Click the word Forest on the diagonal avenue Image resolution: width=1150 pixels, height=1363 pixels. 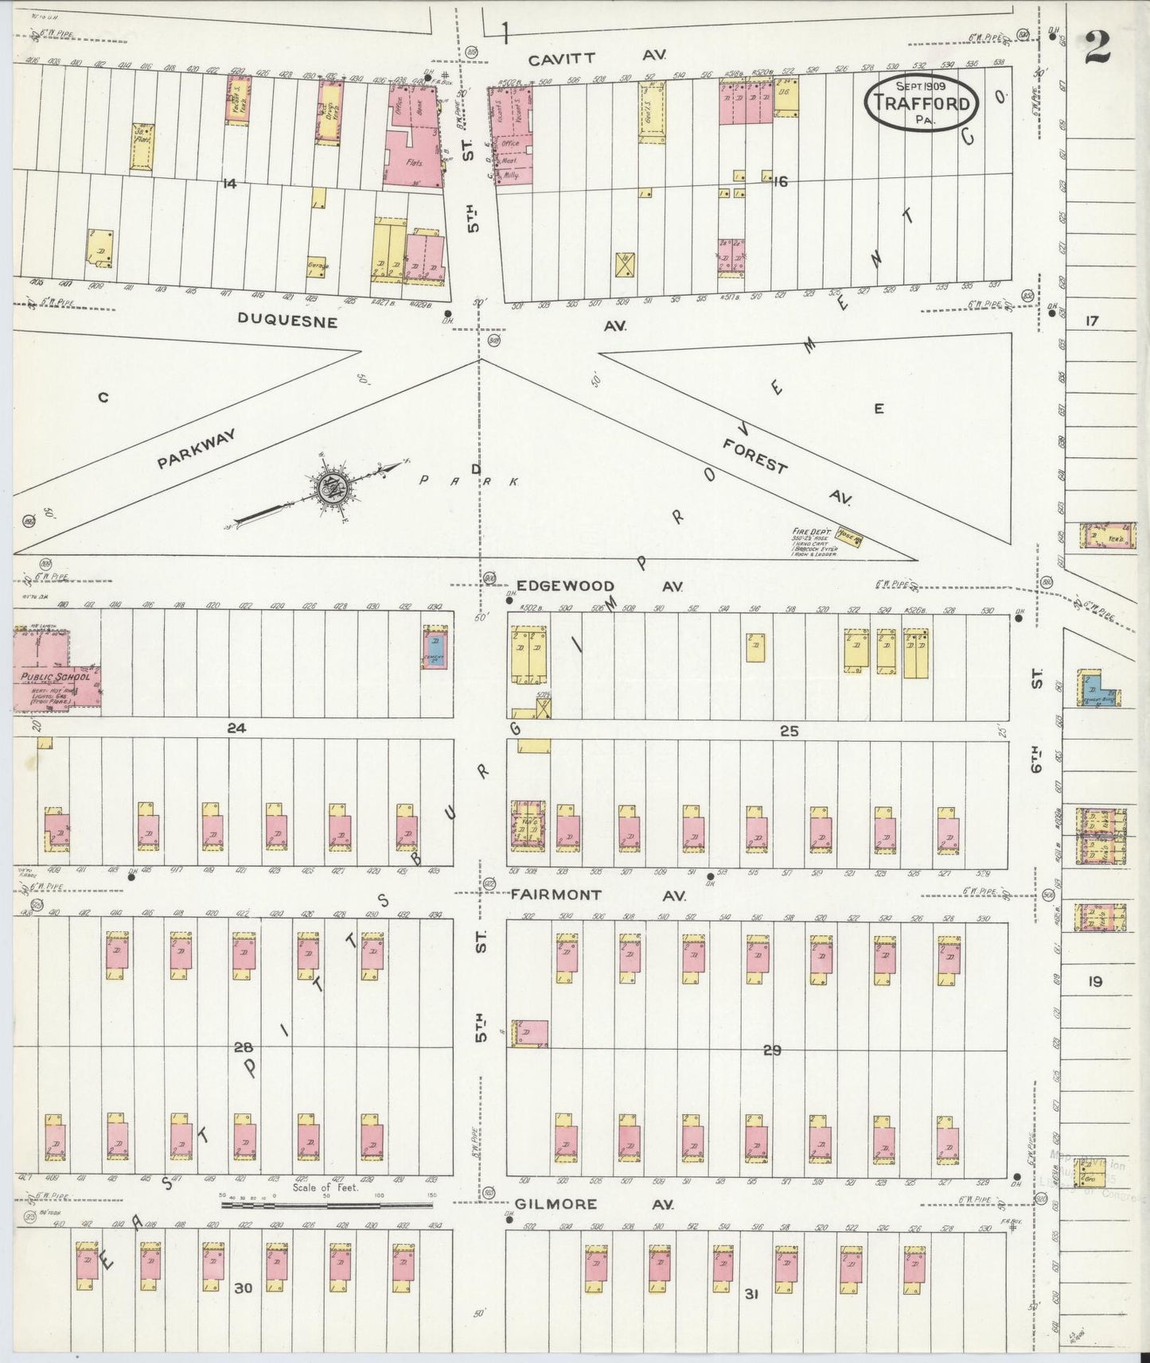[755, 456]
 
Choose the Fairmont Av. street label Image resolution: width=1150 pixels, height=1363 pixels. [597, 895]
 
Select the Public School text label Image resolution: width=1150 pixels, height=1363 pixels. [56, 677]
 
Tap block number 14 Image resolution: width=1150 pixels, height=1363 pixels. [229, 184]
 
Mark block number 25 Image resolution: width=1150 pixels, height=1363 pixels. [789, 731]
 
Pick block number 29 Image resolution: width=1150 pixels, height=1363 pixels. [771, 1050]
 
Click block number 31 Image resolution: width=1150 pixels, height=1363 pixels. [750, 1295]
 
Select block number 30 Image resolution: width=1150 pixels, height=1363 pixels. [243, 1287]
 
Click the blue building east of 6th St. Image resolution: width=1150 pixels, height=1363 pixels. [1100, 691]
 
